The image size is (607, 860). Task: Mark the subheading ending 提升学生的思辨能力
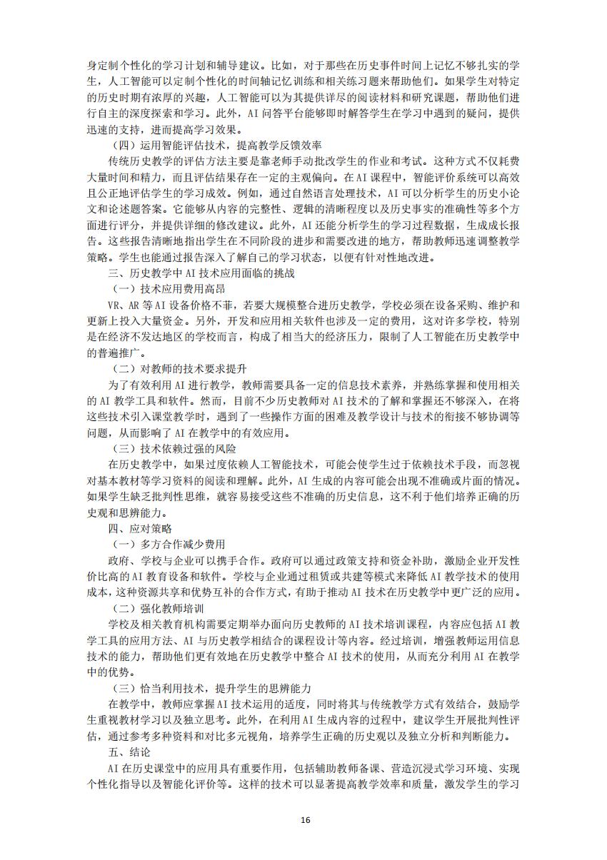coord(211,689)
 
